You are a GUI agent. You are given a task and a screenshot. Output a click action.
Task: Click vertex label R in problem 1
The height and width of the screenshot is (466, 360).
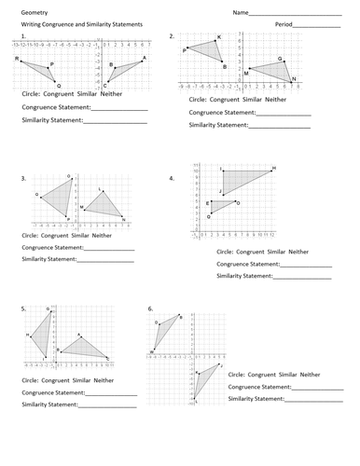(18, 59)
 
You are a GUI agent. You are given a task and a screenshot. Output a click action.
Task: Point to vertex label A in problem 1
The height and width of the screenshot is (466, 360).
(144, 58)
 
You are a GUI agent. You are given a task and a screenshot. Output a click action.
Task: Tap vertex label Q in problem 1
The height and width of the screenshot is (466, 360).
(58, 85)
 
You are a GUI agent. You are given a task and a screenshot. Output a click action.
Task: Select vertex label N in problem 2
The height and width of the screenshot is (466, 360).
(294, 79)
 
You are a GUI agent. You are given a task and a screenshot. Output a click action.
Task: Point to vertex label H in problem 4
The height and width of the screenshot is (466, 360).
(272, 169)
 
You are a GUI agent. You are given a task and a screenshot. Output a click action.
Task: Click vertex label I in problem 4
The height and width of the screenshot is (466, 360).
(222, 170)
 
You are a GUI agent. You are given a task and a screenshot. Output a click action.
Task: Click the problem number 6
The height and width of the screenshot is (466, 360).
(150, 307)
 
